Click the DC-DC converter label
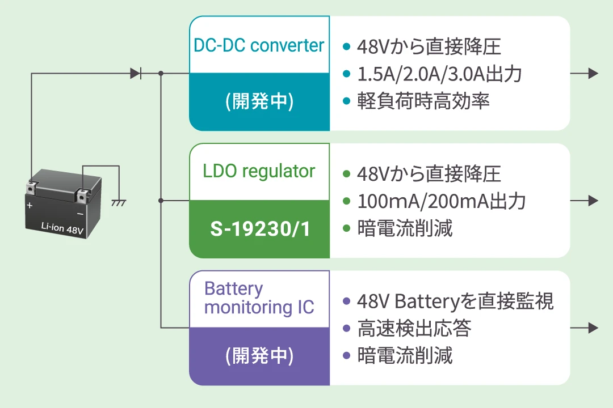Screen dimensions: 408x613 pos(259,45)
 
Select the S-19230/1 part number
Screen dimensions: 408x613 pos(259,229)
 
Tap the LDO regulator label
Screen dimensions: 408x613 pos(259,171)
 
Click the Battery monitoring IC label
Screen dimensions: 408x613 pos(259,298)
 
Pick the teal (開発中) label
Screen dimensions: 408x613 pos(259,101)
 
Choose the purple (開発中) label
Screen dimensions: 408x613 pos(259,356)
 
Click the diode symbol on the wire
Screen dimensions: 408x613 pos(136,73)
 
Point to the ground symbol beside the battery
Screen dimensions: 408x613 pos(119,201)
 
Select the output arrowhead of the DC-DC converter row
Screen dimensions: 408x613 pos(593,73)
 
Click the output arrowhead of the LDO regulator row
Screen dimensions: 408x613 pos(593,201)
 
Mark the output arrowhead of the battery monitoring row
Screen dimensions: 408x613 pos(593,328)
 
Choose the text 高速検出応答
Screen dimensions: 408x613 pos(414,328)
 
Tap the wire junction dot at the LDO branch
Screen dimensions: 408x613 pos(161,201)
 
